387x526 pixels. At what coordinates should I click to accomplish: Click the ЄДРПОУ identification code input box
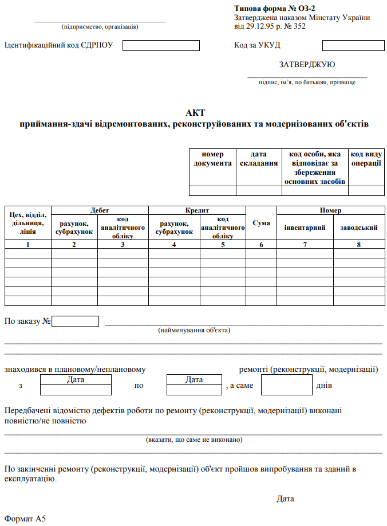[x=161, y=45]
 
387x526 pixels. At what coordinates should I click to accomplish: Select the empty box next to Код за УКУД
[x=353, y=45]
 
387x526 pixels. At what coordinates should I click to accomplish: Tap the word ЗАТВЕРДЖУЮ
[x=307, y=64]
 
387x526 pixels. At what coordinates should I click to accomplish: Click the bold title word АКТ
[x=195, y=112]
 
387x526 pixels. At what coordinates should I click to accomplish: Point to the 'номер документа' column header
[x=212, y=159]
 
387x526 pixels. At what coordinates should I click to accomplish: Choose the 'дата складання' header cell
[x=259, y=159]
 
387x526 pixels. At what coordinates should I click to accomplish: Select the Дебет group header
[x=100, y=210]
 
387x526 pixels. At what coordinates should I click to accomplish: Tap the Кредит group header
[x=196, y=210]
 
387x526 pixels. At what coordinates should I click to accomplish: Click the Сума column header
[x=261, y=223]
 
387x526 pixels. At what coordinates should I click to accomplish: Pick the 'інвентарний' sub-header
[x=305, y=227]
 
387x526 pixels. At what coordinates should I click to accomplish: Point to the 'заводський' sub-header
[x=358, y=227]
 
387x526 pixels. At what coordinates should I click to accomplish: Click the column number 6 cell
[x=261, y=244]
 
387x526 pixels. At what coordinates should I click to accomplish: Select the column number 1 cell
[x=27, y=244]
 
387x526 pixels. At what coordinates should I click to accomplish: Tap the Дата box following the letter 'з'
[x=76, y=384]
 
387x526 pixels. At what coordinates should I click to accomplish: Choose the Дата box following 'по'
[x=194, y=384]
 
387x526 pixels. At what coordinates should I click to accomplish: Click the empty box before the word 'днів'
[x=286, y=385]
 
